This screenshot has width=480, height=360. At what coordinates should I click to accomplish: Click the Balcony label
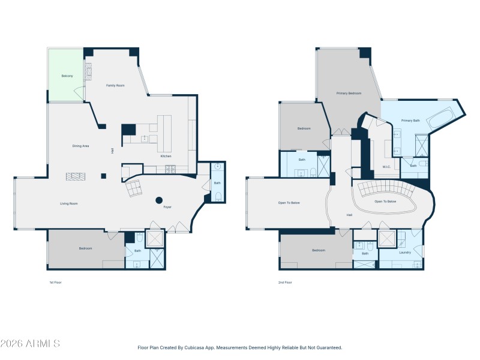point(67,76)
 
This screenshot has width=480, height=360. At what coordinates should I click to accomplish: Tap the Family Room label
point(115,86)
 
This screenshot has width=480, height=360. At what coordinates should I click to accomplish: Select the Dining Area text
point(81,146)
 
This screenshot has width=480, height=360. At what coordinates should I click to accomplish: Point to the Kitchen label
point(166,156)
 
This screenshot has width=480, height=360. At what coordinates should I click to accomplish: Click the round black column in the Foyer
point(160,200)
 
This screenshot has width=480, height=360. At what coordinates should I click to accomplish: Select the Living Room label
point(69,203)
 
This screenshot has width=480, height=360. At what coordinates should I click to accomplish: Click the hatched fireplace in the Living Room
point(76,176)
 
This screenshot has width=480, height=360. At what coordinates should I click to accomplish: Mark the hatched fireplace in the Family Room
point(89,71)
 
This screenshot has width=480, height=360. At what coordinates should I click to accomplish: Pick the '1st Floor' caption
point(56,282)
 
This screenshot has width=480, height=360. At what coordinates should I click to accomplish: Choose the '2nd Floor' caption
point(285,282)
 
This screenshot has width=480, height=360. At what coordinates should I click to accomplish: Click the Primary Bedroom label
point(349,93)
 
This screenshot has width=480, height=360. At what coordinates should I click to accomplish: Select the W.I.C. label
point(386,166)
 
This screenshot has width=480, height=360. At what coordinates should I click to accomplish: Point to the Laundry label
point(405,252)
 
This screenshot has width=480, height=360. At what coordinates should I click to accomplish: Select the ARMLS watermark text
point(30,344)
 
